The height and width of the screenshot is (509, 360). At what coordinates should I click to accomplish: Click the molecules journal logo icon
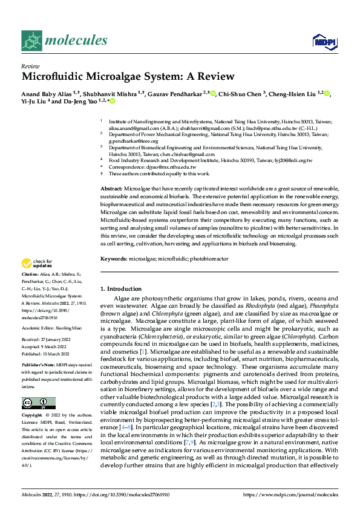32,41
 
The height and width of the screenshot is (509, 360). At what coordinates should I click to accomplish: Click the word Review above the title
30,66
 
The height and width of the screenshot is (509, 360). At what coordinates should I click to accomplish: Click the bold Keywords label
113,259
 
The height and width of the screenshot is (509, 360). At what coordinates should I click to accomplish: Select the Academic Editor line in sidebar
51,327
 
